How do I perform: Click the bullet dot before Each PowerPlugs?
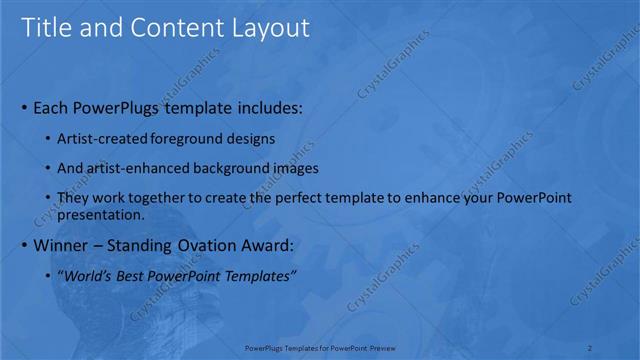24,107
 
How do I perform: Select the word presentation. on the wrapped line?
101,214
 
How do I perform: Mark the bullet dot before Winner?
24,245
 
